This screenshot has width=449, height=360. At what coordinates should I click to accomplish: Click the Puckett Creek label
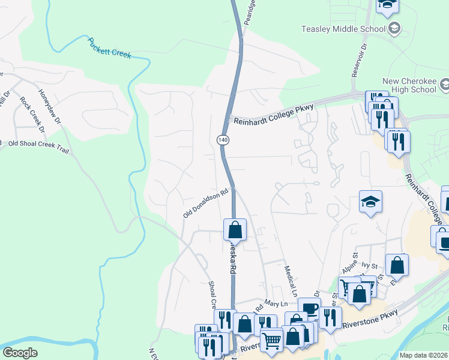pyautogui.click(x=109, y=48)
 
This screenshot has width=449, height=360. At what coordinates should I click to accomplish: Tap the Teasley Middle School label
pyautogui.click(x=343, y=29)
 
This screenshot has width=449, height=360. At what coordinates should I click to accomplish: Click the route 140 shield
pyautogui.click(x=223, y=139)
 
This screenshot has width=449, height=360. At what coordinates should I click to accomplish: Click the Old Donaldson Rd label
pyautogui.click(x=207, y=204)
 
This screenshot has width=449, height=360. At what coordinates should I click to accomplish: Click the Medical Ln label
pyautogui.click(x=291, y=282)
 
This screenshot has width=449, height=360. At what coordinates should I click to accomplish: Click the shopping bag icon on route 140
pyautogui.click(x=234, y=229)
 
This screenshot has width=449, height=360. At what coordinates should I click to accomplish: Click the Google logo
pyautogui.click(x=20, y=353)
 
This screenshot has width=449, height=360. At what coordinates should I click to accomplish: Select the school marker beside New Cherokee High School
pyautogui.click(x=445, y=86)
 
